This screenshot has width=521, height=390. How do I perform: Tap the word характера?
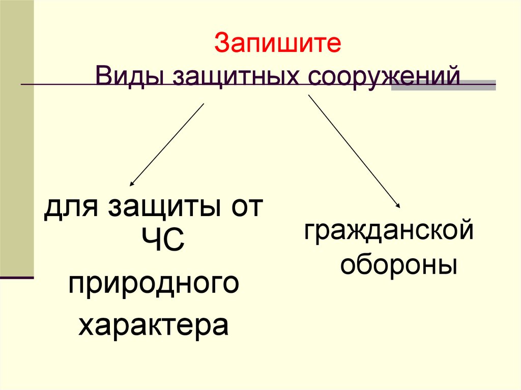[x=153, y=326]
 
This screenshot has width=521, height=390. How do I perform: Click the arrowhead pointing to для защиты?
[x=131, y=184]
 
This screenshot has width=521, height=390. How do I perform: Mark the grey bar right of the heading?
[x=443, y=85]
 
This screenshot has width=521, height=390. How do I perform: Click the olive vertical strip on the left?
[x=17, y=137]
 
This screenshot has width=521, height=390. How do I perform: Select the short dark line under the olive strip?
[x=17, y=278]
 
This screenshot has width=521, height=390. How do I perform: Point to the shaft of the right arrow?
[x=354, y=151]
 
